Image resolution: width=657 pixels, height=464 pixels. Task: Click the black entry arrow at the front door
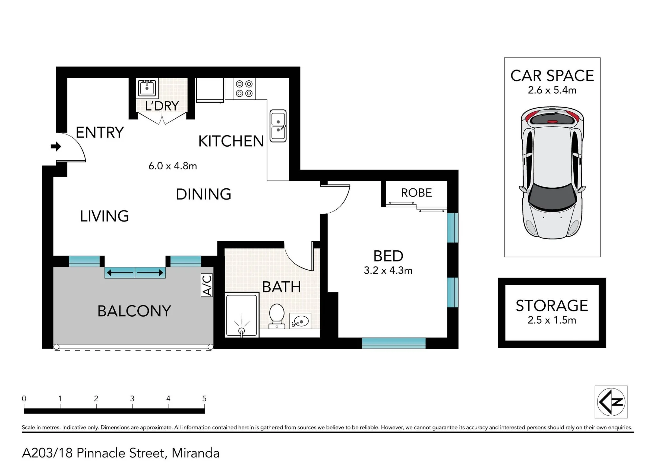tap(56, 146)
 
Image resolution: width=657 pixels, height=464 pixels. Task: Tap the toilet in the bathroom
tap(277, 316)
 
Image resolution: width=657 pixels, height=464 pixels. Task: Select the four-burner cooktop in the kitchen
tap(244, 89)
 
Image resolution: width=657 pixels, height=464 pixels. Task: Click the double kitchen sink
tap(278, 126)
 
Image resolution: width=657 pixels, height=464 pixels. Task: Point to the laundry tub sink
tap(147, 88)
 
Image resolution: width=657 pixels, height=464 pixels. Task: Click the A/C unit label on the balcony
tap(207, 285)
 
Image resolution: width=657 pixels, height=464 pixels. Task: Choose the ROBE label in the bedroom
tap(417, 193)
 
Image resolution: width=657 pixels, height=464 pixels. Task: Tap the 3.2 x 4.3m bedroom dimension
tap(388, 270)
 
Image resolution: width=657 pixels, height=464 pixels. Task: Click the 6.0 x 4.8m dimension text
tap(173, 166)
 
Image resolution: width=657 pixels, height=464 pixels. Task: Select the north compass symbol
tap(611, 402)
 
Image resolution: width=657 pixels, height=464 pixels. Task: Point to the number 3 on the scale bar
tap(132, 398)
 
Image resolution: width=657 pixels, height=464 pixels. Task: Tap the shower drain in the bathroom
tap(241, 330)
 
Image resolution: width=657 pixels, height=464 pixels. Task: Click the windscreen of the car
tap(553, 196)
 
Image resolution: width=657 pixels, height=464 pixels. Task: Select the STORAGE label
tap(552, 306)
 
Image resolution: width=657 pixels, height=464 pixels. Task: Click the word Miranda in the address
tap(195, 453)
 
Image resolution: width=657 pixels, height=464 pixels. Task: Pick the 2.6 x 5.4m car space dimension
tap(552, 90)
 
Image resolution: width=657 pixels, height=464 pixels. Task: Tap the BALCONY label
tap(134, 311)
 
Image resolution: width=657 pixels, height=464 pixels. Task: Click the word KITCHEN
tap(231, 141)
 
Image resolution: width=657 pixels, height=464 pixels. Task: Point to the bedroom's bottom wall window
tap(394, 343)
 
